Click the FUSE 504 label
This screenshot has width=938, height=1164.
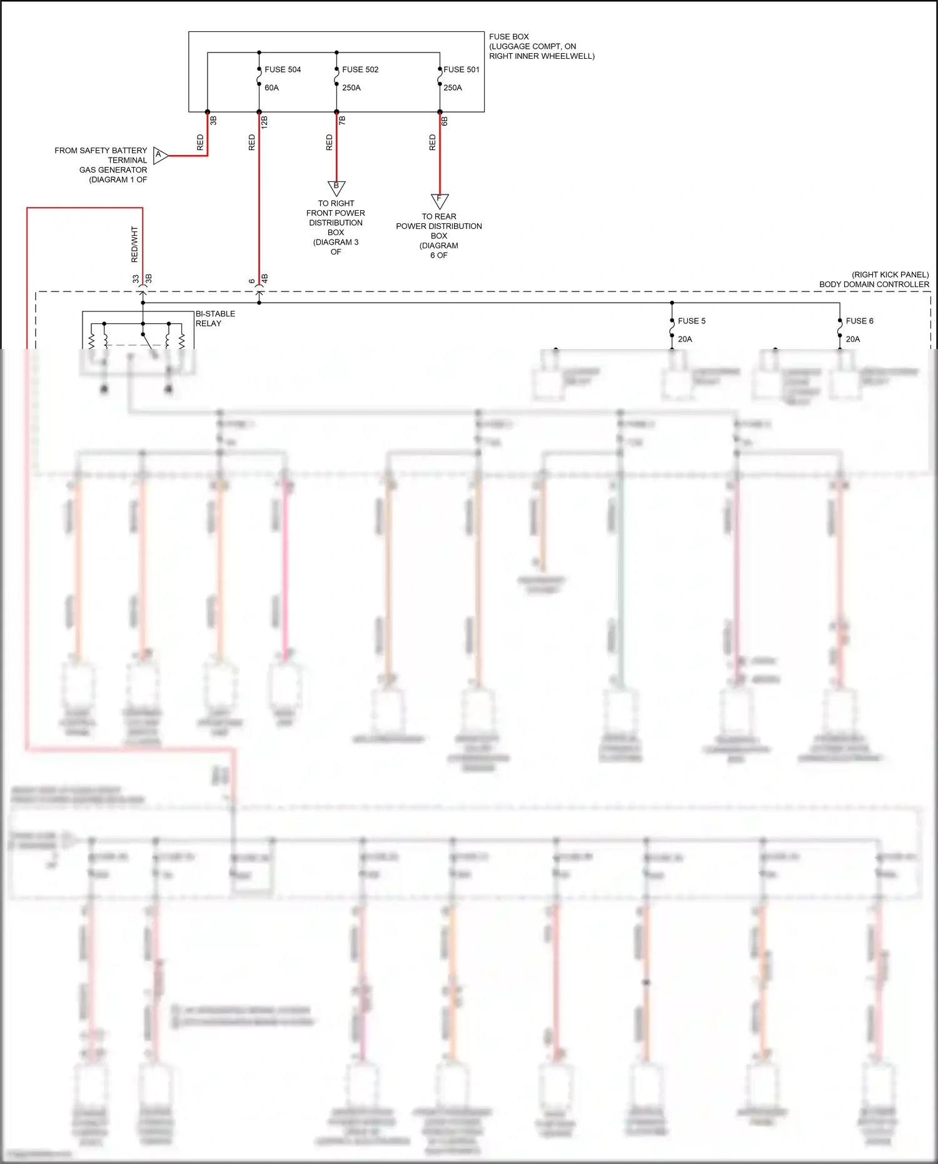coord(283,69)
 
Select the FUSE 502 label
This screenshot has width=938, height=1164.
coord(360,69)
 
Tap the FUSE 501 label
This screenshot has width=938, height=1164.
coord(461,69)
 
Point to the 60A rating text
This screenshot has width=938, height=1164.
coord(271,88)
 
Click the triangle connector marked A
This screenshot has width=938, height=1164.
coord(160,155)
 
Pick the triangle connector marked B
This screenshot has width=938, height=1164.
coord(336,187)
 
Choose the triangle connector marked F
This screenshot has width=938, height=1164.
coord(440,200)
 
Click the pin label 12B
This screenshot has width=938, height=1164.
coord(265,122)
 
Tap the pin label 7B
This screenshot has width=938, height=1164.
coord(342,119)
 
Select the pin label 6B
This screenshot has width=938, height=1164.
coord(445,121)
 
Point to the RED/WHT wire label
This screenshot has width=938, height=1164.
coord(134,245)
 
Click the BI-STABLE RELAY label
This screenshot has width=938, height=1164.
coord(215,318)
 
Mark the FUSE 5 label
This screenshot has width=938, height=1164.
coord(692,321)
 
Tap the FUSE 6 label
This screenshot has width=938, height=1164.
coord(859,321)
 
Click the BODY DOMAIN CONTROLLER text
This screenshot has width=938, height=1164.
coord(874,285)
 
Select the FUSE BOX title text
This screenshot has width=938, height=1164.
coord(508,37)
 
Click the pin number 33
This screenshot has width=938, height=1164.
coord(136,279)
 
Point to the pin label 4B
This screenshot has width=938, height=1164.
coord(265,278)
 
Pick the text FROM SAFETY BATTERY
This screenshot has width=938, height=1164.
coord(101,151)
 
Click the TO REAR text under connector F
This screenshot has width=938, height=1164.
coord(439,216)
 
